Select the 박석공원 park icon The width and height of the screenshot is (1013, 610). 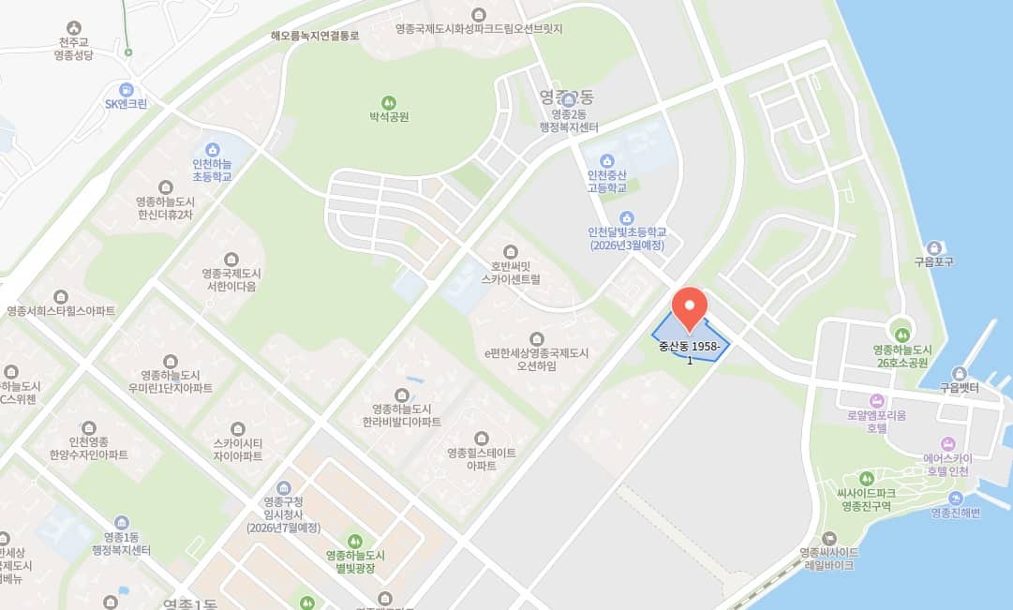click(x=389, y=101)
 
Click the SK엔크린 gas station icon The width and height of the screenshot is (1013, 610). click(x=126, y=89)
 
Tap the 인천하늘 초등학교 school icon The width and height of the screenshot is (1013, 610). click(x=212, y=148)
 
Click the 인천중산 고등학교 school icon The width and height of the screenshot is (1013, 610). click(x=606, y=159)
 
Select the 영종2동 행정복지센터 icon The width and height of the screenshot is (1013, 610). click(x=568, y=99)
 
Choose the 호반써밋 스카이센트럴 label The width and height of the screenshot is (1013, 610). click(x=510, y=273)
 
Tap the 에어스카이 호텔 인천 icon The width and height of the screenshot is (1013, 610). click(x=947, y=442)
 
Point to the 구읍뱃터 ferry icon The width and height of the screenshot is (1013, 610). click(x=958, y=373)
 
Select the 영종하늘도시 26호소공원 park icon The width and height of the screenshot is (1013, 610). click(x=901, y=335)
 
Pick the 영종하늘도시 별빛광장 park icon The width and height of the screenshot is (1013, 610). click(x=354, y=541)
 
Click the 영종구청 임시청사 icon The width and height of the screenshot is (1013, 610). click(x=284, y=487)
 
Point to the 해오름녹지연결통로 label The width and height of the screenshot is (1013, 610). click(x=315, y=36)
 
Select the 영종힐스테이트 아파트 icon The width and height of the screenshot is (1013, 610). click(x=481, y=439)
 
